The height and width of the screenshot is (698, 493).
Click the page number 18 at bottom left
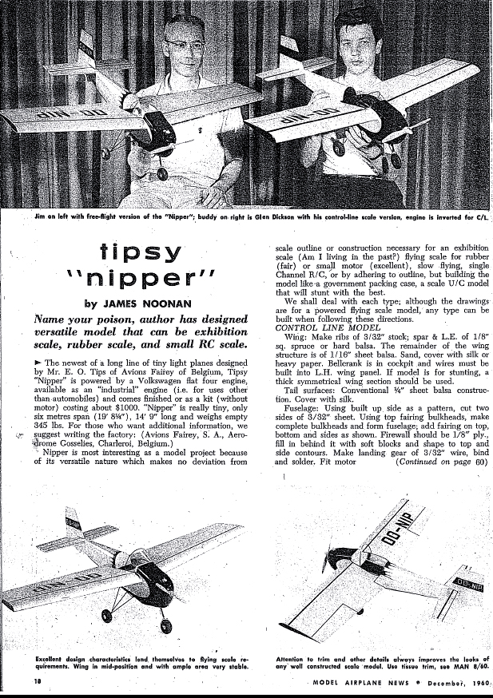38,681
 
